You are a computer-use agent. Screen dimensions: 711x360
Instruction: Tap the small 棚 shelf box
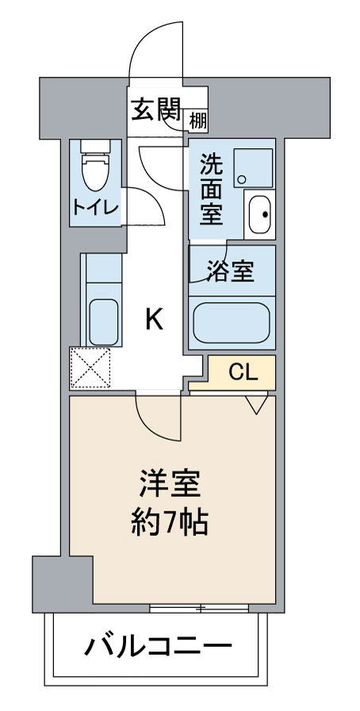[198, 120]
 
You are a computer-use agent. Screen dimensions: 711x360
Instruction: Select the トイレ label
[95, 208]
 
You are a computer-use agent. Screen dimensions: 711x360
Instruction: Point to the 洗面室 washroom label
[211, 189]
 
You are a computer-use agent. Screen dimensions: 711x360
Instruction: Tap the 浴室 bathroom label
[230, 271]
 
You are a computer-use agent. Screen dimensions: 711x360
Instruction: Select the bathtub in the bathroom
[232, 322]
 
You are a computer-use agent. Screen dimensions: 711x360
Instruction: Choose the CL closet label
[243, 372]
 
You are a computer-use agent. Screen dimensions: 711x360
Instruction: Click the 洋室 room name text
[169, 484]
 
